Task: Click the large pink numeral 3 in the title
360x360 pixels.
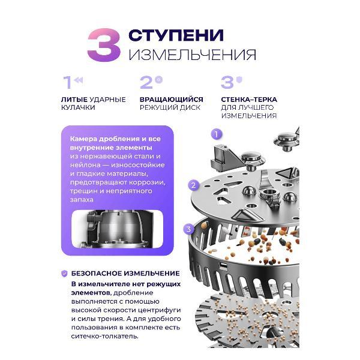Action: coord(104,45)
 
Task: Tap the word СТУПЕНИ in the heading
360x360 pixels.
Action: coord(176,35)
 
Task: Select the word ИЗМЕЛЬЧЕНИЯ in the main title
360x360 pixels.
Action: coord(193,55)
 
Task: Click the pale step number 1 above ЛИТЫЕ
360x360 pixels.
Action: coord(68,82)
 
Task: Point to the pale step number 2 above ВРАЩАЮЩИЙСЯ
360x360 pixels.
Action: coord(146,82)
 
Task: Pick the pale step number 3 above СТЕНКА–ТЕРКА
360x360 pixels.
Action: coord(227,82)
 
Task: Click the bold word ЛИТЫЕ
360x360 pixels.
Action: coord(74,100)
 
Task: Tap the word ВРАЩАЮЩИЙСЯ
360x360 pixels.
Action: coord(171,100)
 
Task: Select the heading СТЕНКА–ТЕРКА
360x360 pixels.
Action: coord(249,100)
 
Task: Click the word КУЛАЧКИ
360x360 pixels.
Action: coord(78,107)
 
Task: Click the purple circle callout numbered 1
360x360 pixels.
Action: coord(217,134)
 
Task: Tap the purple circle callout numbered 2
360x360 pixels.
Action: coord(194,185)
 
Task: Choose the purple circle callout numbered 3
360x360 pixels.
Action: coord(189,229)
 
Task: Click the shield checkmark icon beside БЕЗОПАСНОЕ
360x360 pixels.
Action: coord(64,274)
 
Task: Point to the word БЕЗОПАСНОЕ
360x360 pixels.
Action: coord(96,273)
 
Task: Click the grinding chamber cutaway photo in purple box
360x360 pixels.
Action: coord(118,229)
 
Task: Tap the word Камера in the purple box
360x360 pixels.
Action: coord(82,139)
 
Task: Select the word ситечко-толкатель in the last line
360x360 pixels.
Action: coord(104,337)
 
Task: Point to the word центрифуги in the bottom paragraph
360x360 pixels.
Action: coord(160,310)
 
